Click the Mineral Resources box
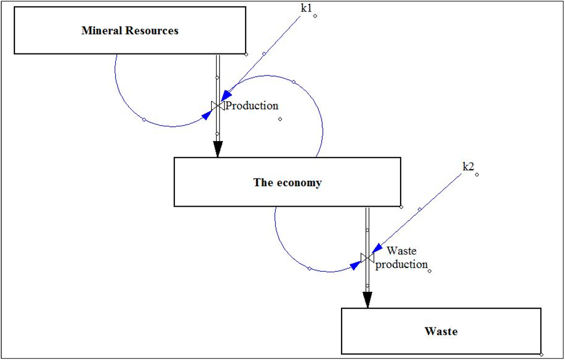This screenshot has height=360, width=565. pyautogui.click(x=130, y=30)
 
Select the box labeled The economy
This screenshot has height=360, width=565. pyautogui.click(x=287, y=182)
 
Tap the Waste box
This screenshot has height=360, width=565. pyautogui.click(x=441, y=331)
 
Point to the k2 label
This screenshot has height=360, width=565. pyautogui.click(x=468, y=167)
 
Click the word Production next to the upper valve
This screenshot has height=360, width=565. pyautogui.click(x=252, y=106)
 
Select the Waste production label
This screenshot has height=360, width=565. pyautogui.click(x=401, y=258)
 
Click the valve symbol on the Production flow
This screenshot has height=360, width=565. pyautogui.click(x=217, y=105)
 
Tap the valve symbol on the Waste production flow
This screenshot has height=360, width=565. pyautogui.click(x=367, y=257)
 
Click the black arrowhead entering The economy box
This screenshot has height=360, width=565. pyautogui.click(x=218, y=149)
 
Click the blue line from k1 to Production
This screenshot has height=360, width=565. pyautogui.click(x=264, y=53)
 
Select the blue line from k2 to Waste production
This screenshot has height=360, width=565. pyautogui.click(x=419, y=209)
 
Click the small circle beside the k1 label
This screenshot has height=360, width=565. pyautogui.click(x=315, y=16)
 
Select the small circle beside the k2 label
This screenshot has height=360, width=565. pyautogui.click(x=477, y=175)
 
